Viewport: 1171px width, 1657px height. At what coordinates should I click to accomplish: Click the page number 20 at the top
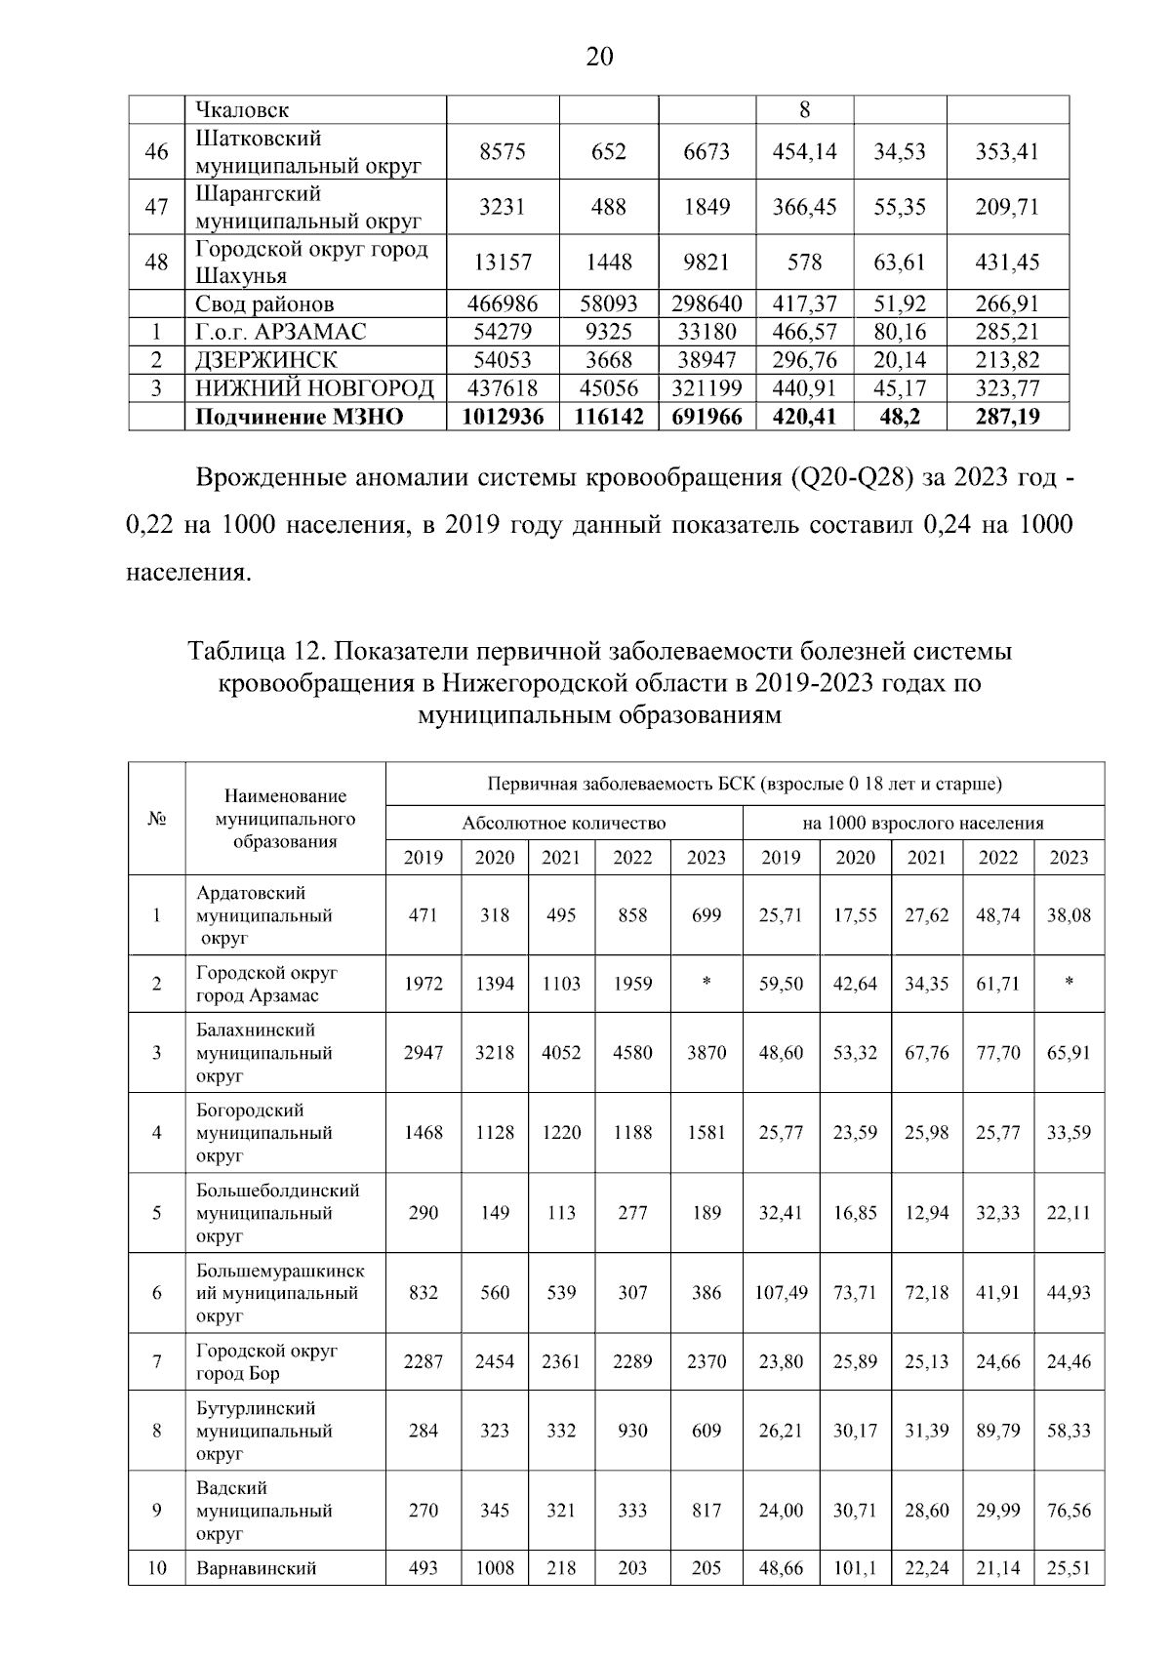[x=599, y=58]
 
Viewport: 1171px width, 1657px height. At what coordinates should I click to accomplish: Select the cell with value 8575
[x=502, y=151]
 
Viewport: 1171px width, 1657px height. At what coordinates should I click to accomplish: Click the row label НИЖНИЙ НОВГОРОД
[x=314, y=388]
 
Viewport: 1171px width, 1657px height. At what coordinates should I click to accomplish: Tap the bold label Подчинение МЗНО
[x=300, y=417]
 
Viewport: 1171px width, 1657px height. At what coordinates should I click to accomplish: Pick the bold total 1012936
[x=503, y=417]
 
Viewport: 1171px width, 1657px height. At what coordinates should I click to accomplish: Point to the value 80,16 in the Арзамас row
[x=899, y=332]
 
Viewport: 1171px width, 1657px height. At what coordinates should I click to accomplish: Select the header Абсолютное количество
[x=563, y=823]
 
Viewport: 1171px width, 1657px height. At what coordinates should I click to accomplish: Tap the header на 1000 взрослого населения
[x=922, y=823]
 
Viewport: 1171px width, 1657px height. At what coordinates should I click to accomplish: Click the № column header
[x=156, y=818]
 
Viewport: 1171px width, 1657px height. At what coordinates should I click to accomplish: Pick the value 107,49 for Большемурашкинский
[x=781, y=1293]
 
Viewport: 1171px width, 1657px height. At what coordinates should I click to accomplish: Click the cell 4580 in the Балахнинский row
[x=632, y=1053]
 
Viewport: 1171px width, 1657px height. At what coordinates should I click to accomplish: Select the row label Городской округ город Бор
[x=266, y=1361]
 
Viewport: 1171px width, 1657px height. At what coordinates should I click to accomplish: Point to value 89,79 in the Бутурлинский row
[x=997, y=1431]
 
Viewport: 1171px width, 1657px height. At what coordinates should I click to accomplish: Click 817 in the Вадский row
[x=706, y=1511]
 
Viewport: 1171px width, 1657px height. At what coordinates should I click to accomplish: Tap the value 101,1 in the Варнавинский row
[x=855, y=1568]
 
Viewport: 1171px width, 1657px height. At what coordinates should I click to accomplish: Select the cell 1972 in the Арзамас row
[x=423, y=984]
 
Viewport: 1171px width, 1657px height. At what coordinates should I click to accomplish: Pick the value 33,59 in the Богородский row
[x=1068, y=1133]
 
